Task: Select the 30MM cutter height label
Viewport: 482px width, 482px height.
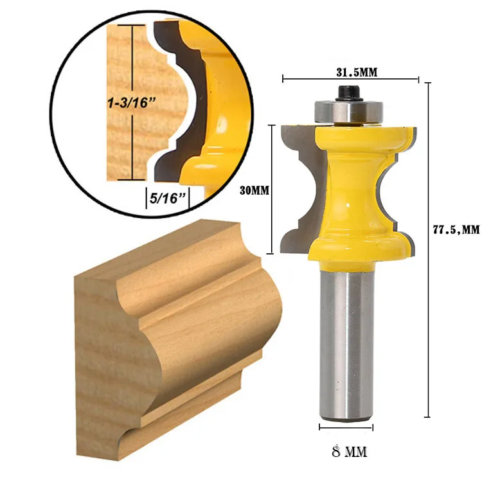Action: pos(253,191)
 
